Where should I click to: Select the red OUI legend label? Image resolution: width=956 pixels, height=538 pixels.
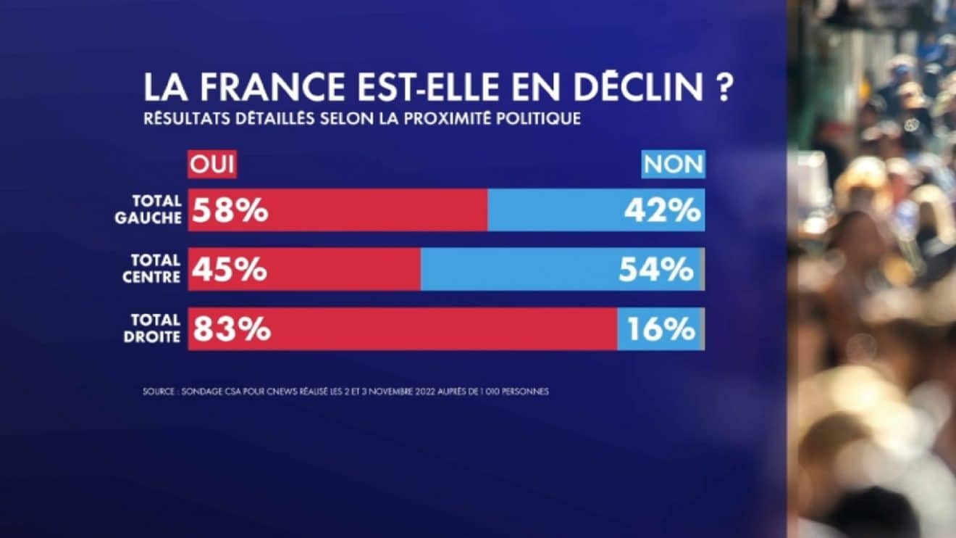pos(212,165)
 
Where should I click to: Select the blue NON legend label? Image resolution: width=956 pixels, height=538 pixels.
pos(674,165)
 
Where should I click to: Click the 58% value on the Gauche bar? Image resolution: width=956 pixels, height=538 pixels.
pos(230,211)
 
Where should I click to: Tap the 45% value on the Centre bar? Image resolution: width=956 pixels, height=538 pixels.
pos(230,270)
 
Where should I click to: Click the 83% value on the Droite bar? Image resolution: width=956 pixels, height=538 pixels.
pos(231,330)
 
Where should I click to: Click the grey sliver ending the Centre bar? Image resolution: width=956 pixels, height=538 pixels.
pos(703,269)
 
